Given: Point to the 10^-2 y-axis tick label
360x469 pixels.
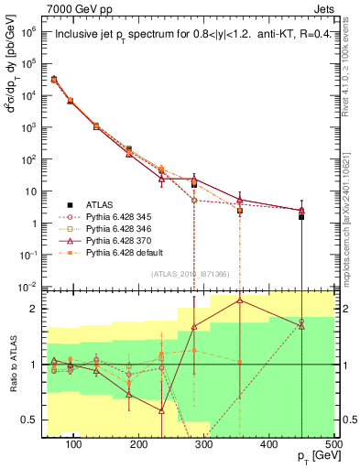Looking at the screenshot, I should [27, 288].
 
